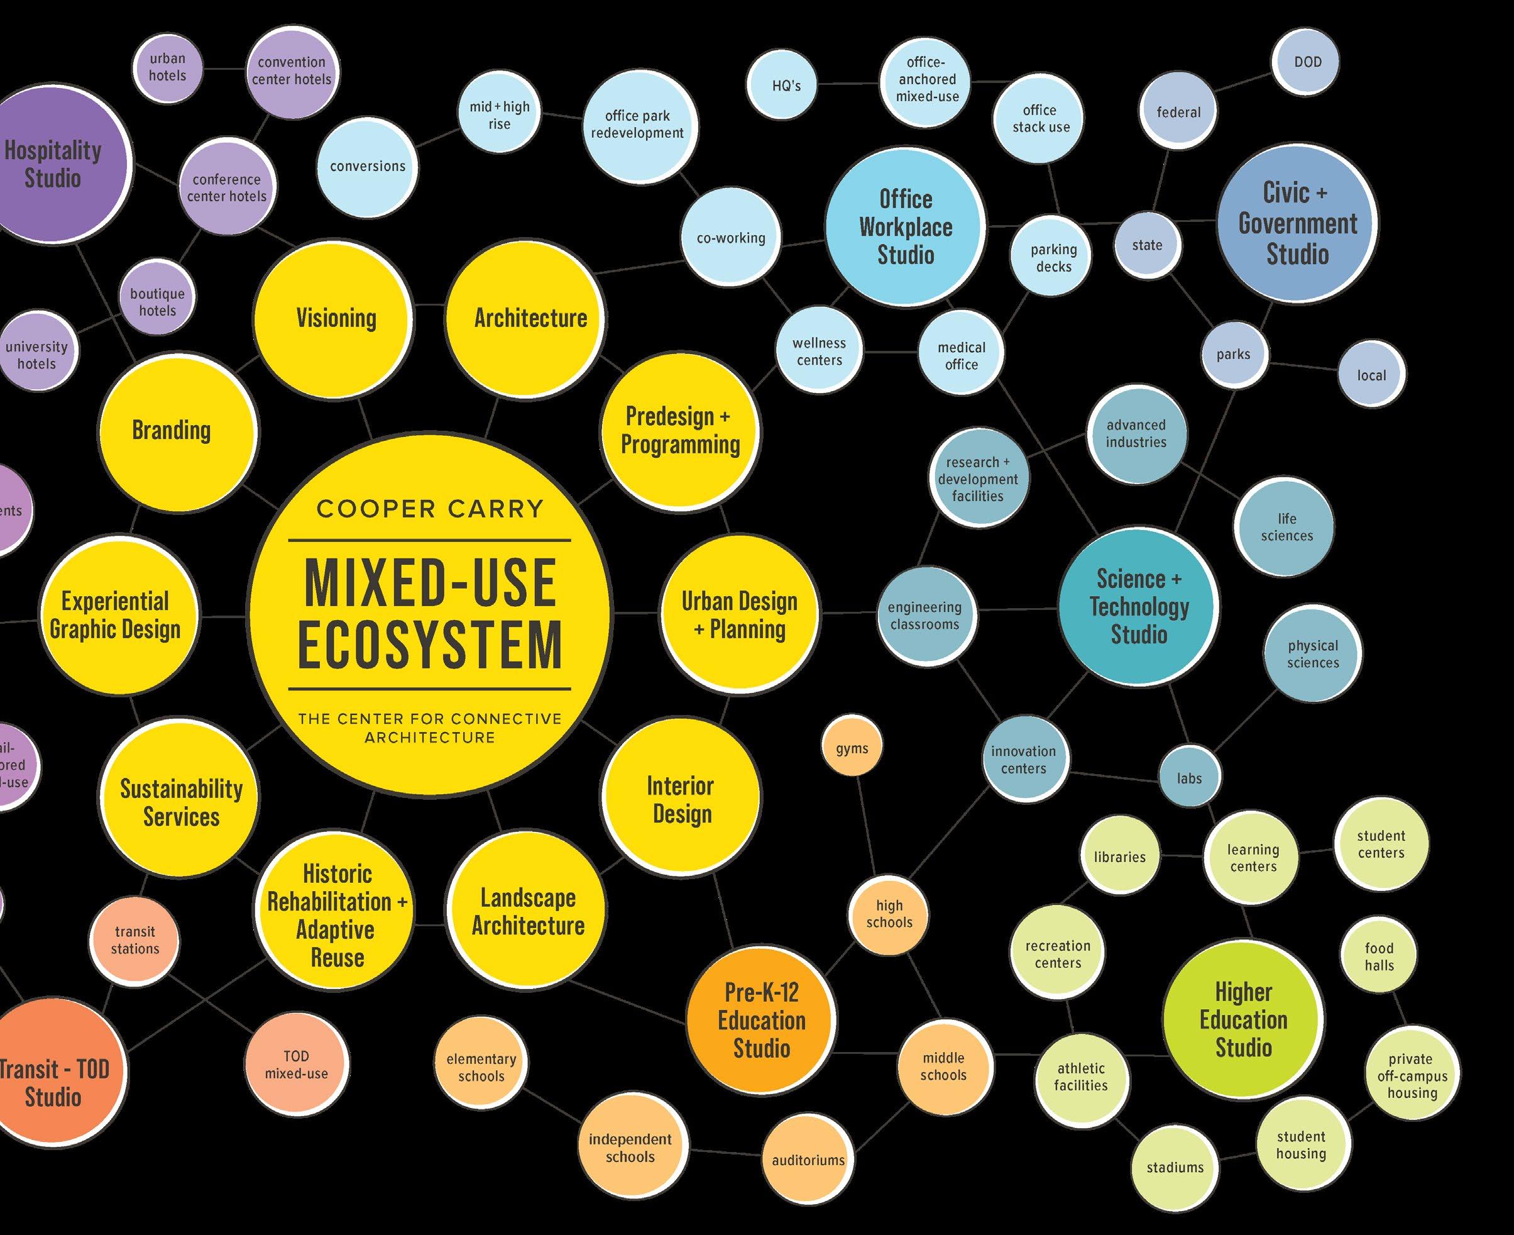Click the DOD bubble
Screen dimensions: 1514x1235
tap(1307, 62)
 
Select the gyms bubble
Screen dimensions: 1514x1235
tap(852, 748)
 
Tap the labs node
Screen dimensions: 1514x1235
tap(1189, 778)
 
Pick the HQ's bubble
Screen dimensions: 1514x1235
tap(786, 86)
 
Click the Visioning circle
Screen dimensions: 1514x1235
tap(335, 318)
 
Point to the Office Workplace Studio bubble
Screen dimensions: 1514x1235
tap(905, 226)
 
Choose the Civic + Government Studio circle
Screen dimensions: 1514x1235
tap(1297, 223)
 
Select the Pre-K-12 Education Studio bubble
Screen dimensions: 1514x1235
tap(761, 1020)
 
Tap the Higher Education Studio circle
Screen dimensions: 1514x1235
tap(1243, 1019)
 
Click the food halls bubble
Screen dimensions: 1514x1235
tap(1379, 957)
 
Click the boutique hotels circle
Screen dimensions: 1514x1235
tap(157, 302)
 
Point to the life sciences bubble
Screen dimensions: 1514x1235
tap(1286, 527)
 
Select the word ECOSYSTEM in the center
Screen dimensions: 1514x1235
tap(429, 644)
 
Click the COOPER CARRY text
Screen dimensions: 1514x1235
tap(429, 509)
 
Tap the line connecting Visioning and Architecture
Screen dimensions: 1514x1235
tap(429, 305)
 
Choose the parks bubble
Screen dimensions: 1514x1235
tap(1232, 354)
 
